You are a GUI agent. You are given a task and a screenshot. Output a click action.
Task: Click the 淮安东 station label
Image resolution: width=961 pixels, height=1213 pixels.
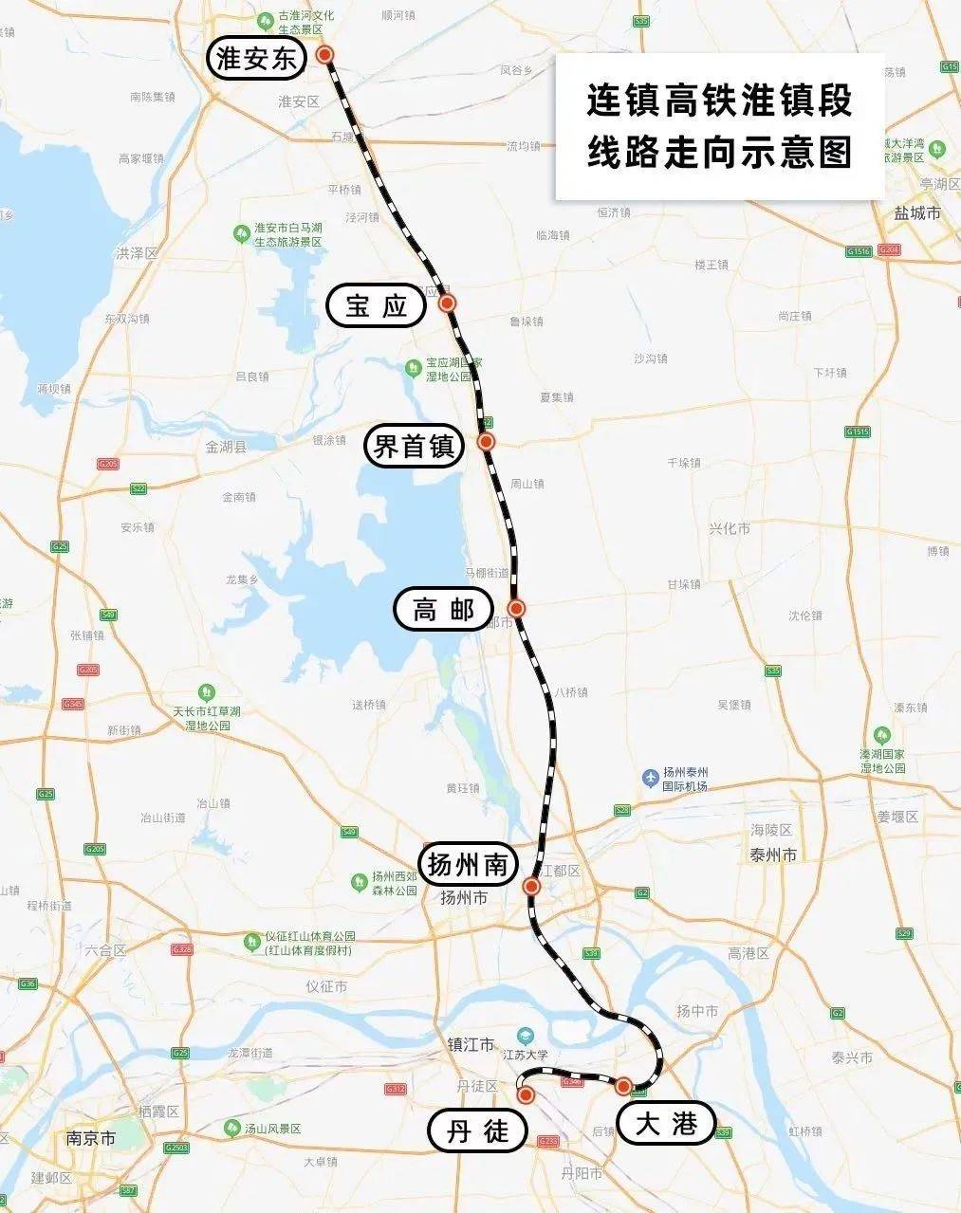tap(257, 60)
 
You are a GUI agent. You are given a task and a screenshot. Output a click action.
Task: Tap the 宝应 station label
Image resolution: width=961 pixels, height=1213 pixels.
tap(376, 305)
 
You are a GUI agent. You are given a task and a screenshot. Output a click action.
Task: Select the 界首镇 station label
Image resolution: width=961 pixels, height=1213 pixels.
tap(414, 445)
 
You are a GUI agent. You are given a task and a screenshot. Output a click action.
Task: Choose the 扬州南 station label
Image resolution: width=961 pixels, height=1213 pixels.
tap(471, 864)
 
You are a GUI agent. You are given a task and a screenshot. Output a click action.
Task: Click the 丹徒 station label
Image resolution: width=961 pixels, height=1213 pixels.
tap(477, 1131)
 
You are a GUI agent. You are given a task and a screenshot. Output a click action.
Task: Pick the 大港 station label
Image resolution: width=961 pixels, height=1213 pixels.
tap(666, 1125)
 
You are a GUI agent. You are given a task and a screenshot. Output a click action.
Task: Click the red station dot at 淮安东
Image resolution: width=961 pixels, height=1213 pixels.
tap(325, 55)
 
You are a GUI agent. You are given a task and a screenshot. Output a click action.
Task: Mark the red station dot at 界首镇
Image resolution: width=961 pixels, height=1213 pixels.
tap(486, 441)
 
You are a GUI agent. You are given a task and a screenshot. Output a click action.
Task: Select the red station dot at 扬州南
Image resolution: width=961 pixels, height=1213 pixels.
tap(531, 887)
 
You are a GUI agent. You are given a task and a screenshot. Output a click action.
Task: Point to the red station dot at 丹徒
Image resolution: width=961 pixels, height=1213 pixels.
tap(526, 1094)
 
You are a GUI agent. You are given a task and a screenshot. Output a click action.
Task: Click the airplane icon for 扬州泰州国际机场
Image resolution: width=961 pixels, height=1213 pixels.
tap(651, 778)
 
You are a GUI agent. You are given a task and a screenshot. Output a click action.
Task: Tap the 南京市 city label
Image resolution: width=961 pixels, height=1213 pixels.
tap(91, 1137)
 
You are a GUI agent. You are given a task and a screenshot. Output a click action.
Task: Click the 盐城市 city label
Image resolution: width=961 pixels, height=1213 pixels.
tap(917, 214)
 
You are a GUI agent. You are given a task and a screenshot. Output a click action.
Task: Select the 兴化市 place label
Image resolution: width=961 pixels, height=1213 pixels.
tap(730, 527)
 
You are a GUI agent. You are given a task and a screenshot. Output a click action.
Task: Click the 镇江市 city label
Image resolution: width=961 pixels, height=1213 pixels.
tap(471, 1044)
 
